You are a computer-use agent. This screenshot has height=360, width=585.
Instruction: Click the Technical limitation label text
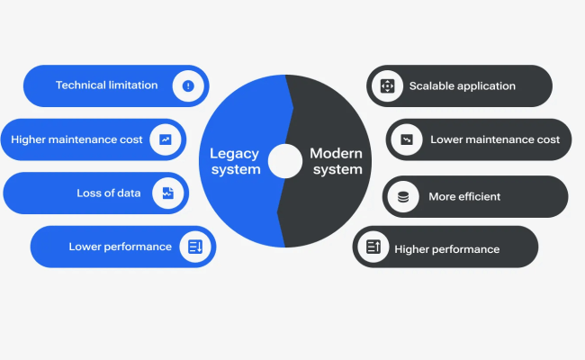(106, 85)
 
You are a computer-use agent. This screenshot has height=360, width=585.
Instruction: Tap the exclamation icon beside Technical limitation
(188, 85)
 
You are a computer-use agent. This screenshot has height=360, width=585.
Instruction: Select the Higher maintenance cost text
(76, 139)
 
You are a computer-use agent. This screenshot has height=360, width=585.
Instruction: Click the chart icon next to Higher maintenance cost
(166, 139)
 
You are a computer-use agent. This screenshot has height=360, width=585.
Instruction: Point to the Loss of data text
(109, 193)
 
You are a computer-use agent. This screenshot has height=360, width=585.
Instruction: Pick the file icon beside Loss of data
(167, 193)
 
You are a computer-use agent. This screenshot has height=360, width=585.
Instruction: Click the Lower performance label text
(120, 247)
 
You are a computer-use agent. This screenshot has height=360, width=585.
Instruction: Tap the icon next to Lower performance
(195, 247)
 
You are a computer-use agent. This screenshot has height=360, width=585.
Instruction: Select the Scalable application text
(462, 86)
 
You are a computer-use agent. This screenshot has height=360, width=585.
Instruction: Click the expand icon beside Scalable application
(388, 86)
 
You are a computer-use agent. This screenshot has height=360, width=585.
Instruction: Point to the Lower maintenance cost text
(495, 139)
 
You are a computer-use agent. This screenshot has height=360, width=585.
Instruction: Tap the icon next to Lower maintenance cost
(407, 139)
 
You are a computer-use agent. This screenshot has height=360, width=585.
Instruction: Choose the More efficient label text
(464, 196)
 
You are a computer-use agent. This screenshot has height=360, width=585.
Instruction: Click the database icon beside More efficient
(403, 196)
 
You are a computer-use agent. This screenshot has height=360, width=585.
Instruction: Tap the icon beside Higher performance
(373, 247)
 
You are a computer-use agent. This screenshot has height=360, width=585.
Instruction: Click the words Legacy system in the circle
(235, 161)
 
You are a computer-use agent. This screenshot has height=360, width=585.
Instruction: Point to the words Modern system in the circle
(335, 161)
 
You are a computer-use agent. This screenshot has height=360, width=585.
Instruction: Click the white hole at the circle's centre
(285, 161)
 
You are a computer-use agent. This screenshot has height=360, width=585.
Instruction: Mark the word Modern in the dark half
(336, 153)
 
